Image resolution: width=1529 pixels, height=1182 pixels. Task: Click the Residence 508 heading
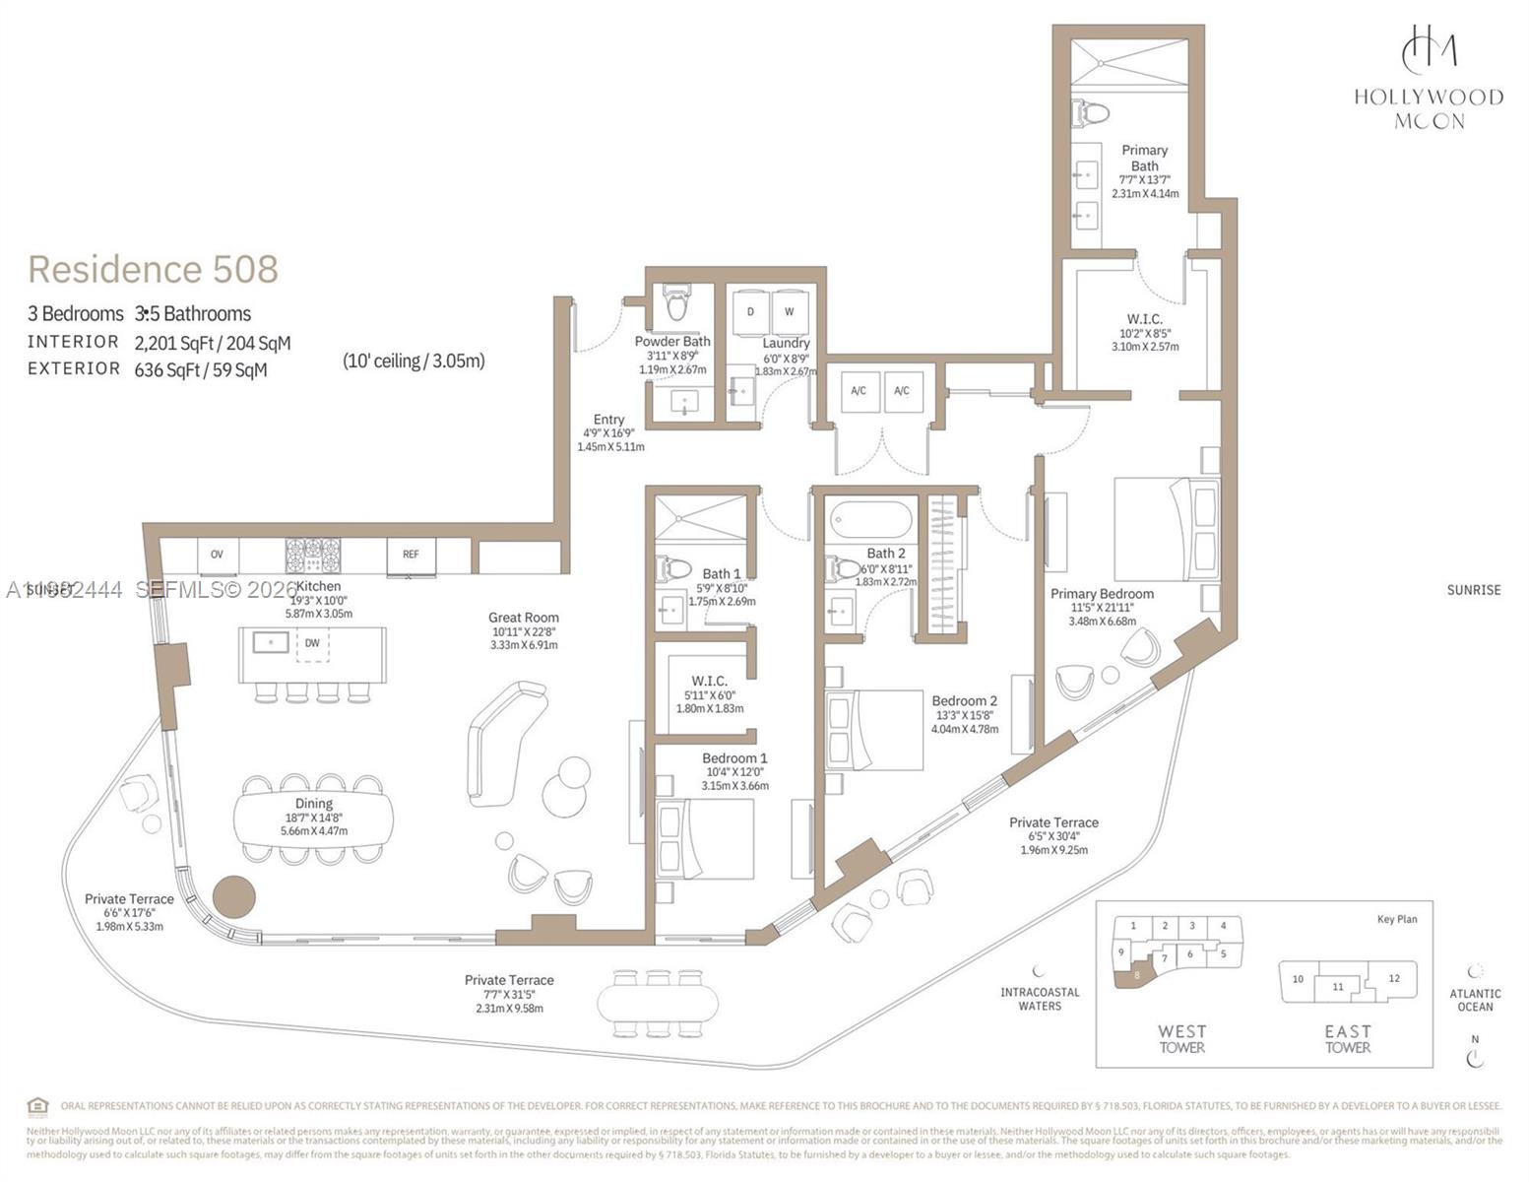[153, 269]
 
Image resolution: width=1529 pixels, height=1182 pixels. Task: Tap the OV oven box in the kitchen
[217, 555]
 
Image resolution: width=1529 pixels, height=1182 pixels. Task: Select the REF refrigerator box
[411, 555]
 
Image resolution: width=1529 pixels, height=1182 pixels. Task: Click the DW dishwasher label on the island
[312, 643]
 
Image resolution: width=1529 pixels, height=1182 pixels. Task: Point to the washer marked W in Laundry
[790, 312]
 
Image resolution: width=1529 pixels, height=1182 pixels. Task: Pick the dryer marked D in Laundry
[750, 312]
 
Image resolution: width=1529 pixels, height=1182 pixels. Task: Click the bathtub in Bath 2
[870, 519]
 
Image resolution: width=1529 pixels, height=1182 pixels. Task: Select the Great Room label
[524, 618]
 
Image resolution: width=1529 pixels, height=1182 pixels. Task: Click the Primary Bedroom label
[1102, 594]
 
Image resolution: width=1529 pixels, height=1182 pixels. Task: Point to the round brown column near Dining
[234, 897]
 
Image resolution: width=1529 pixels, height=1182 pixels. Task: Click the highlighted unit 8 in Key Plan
[1136, 974]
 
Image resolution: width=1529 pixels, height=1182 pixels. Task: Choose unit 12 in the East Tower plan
[1394, 978]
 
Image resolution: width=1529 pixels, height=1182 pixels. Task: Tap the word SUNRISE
[1473, 590]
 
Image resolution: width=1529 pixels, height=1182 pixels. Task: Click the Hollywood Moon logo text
[1428, 108]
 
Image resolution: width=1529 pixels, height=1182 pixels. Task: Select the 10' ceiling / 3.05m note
[414, 361]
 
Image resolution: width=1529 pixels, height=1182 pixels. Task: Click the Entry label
[608, 420]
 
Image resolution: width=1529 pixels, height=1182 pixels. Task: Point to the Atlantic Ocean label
[1475, 1000]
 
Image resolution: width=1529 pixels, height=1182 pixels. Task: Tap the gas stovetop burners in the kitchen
[313, 555]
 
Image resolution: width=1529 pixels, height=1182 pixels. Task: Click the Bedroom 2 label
[964, 701]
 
